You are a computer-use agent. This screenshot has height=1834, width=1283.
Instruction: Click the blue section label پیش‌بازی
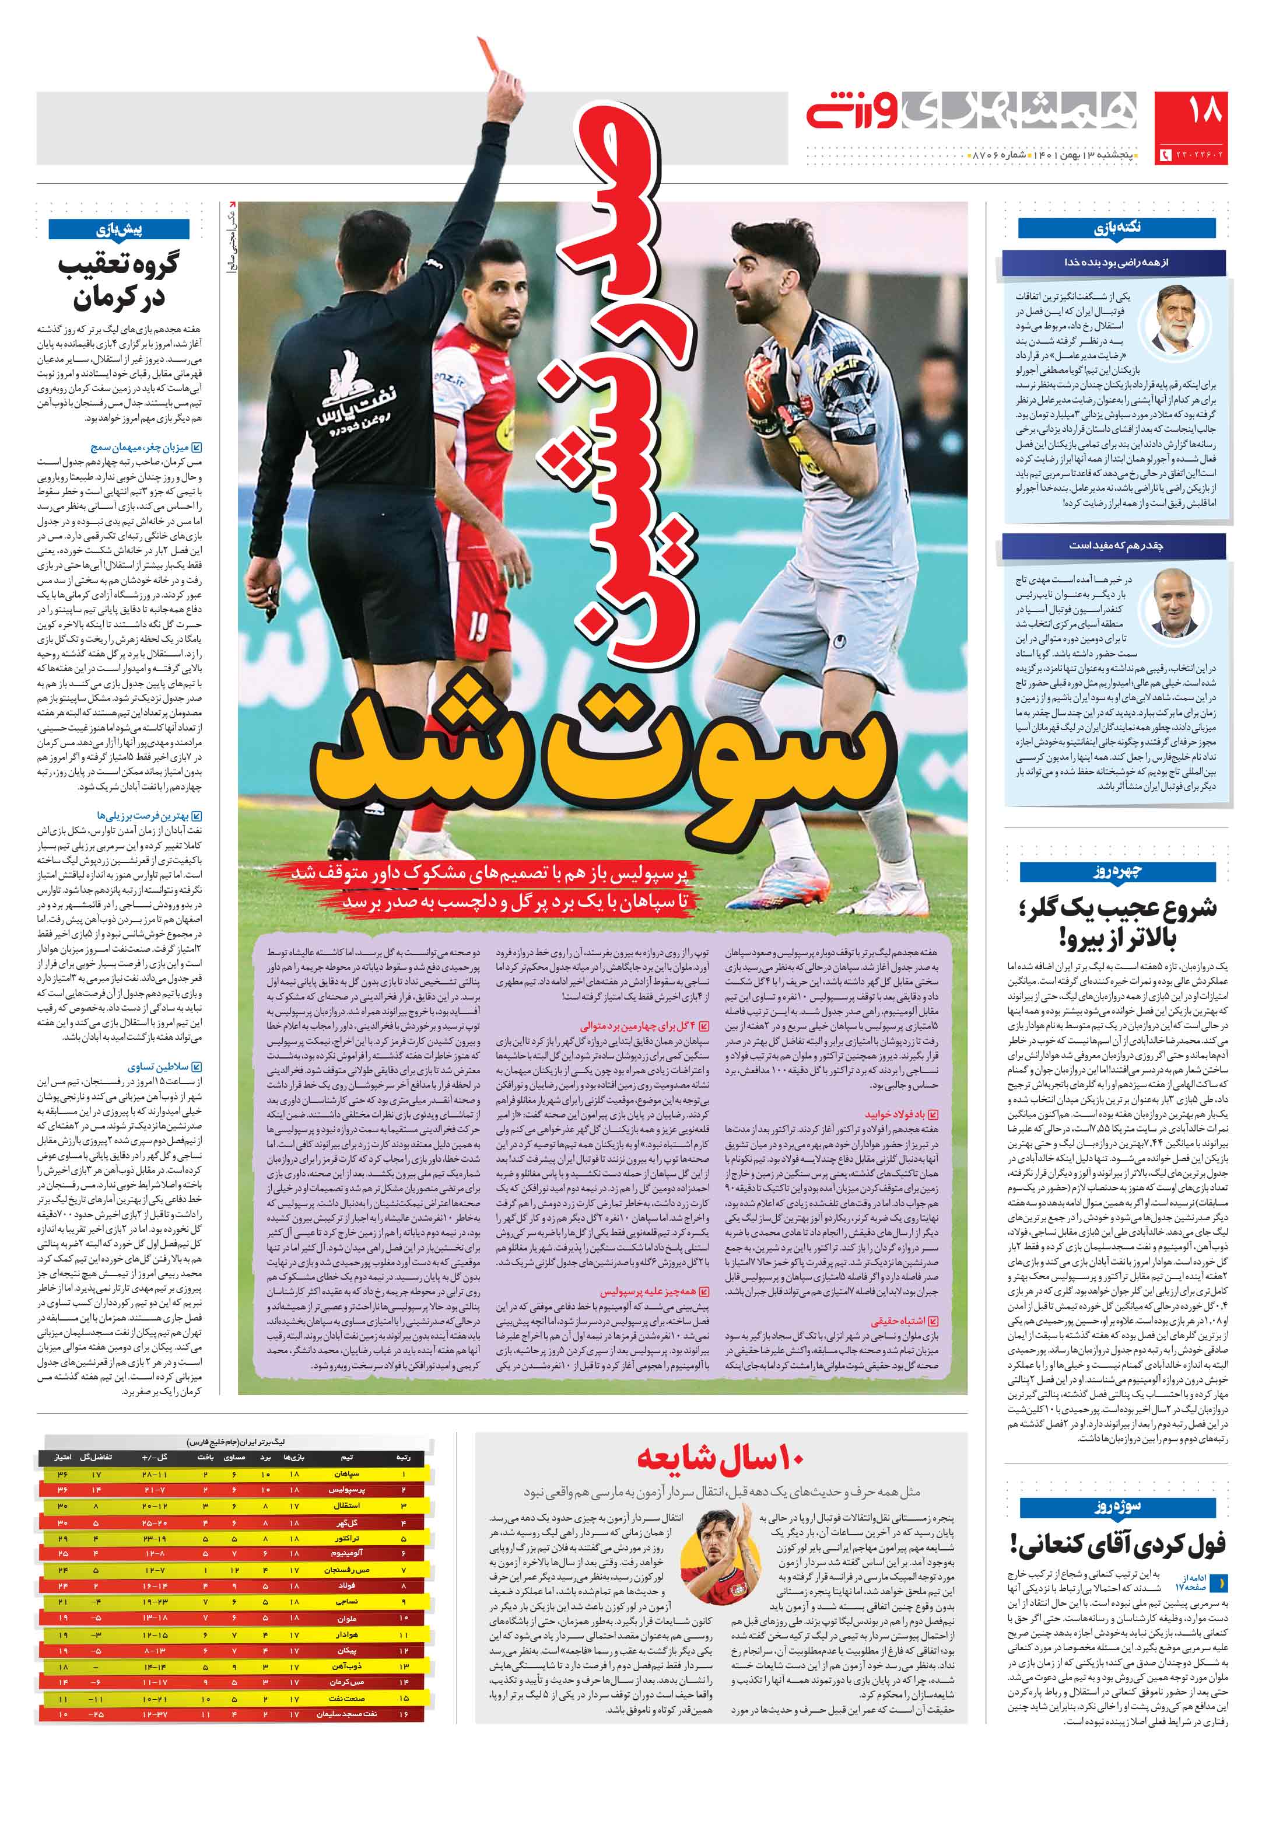[119, 230]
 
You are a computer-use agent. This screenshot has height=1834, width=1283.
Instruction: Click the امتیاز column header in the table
[62, 1458]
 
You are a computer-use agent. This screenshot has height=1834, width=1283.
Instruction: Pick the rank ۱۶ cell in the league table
[404, 1714]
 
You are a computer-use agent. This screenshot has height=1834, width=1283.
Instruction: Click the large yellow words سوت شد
[599, 759]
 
